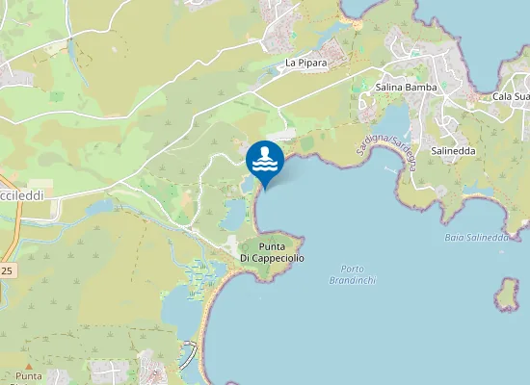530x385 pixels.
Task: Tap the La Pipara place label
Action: coord(305,64)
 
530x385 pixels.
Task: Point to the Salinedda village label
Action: coord(453,151)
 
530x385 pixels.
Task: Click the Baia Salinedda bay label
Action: coord(476,237)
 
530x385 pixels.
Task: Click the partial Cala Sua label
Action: coord(511,96)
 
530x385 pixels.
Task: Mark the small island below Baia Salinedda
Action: coord(507,295)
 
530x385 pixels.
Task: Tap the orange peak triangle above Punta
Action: coord(30,367)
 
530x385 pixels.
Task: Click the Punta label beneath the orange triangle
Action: coord(29,376)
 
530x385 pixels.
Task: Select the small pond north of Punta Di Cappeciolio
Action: coord(232,217)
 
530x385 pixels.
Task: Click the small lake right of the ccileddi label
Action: coord(98,207)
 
